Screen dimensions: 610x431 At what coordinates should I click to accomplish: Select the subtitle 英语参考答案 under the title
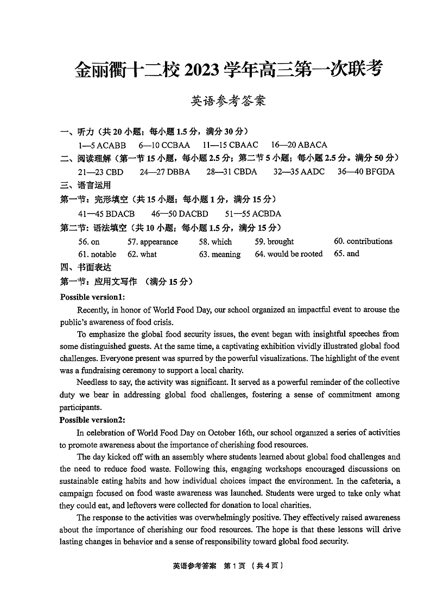coord(229,101)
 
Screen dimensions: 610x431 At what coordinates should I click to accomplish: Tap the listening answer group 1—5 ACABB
coord(102,145)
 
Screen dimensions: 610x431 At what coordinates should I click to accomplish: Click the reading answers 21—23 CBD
coord(100,172)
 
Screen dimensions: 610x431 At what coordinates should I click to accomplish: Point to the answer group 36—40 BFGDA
coord(366,172)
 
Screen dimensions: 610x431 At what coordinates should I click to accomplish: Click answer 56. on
coord(89,242)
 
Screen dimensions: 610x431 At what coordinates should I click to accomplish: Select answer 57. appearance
coord(153,242)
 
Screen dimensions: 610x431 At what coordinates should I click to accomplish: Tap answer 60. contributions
coord(363,241)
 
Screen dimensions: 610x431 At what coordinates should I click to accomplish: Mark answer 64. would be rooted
coord(289,254)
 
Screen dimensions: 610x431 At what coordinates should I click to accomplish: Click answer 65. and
coord(346,254)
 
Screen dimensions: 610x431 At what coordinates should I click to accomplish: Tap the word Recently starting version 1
coord(93,310)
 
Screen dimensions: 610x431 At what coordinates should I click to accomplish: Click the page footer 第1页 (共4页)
coord(254,565)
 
